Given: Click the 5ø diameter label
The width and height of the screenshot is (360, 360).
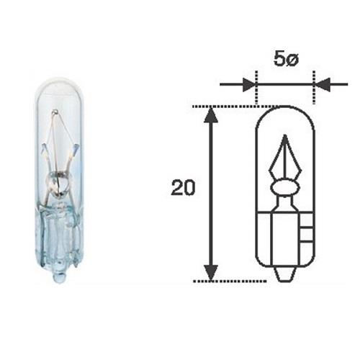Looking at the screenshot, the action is point(286,59).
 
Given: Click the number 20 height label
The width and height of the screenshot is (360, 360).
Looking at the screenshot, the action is point(183,187).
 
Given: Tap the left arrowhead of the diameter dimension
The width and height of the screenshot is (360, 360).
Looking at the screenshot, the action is point(249,84).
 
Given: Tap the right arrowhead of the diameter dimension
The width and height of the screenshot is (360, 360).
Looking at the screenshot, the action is point(323,84).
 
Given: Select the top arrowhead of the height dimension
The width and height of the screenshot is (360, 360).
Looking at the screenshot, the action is point(211,115).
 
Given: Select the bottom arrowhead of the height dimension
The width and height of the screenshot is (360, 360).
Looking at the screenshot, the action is point(211,273).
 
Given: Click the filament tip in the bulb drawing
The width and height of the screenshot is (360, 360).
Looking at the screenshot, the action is point(285,136).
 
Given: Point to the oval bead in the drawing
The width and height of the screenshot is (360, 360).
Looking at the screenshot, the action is point(285,187).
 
